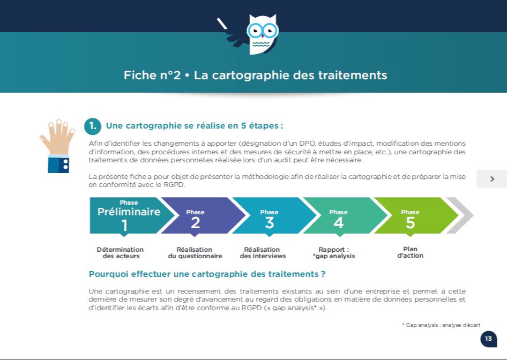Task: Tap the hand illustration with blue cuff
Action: [57, 146]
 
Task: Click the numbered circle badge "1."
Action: [93, 126]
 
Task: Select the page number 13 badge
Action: [488, 339]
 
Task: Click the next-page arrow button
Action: [492, 179]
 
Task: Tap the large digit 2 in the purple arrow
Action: [195, 223]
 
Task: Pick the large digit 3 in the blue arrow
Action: [270, 223]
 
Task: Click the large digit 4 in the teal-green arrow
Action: [339, 223]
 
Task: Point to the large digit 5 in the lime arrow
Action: [411, 223]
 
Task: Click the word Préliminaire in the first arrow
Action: [129, 212]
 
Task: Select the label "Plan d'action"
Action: [410, 252]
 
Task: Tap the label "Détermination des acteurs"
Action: [120, 253]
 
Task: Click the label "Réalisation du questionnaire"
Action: [195, 253]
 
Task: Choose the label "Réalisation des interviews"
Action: [263, 253]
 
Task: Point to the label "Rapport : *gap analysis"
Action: [334, 253]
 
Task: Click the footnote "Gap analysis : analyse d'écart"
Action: [442, 325]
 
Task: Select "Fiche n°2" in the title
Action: [152, 75]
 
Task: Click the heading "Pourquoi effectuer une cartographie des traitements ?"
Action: [207, 274]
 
